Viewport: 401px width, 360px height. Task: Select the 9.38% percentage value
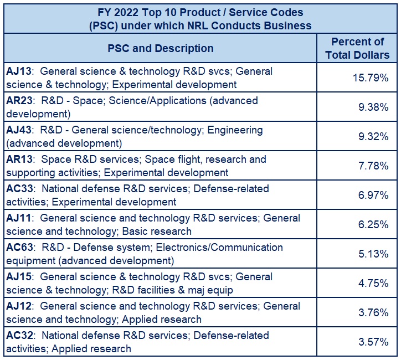click(x=373, y=107)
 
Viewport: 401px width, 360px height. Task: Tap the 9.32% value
click(x=373, y=136)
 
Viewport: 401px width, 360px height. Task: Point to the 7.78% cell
click(x=373, y=166)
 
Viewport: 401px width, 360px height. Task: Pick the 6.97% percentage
click(x=373, y=195)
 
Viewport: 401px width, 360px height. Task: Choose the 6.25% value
click(x=373, y=224)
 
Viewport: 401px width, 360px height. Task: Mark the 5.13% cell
click(x=373, y=254)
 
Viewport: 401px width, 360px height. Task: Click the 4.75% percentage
click(x=373, y=283)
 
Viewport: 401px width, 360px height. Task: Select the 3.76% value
click(x=373, y=312)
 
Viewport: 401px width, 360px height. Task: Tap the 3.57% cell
click(x=373, y=342)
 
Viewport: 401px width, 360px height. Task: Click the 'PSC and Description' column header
click(x=160, y=48)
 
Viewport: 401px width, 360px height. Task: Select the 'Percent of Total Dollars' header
click(x=357, y=48)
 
